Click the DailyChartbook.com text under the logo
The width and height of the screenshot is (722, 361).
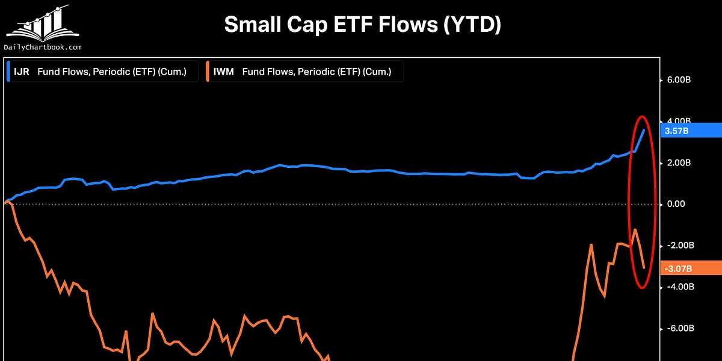click(x=43, y=47)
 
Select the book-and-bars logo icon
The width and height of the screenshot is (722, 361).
click(x=43, y=24)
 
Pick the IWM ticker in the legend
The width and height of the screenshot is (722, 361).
click(x=223, y=72)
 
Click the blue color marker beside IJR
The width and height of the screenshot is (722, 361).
click(x=8, y=72)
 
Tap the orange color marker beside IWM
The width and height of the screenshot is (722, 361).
click(x=208, y=72)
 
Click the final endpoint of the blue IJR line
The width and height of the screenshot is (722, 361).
click(x=644, y=130)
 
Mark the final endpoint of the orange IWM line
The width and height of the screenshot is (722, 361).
click(x=644, y=268)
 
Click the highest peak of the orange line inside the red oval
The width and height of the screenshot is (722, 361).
click(x=635, y=229)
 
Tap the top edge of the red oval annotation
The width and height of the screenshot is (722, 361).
click(x=642, y=116)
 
